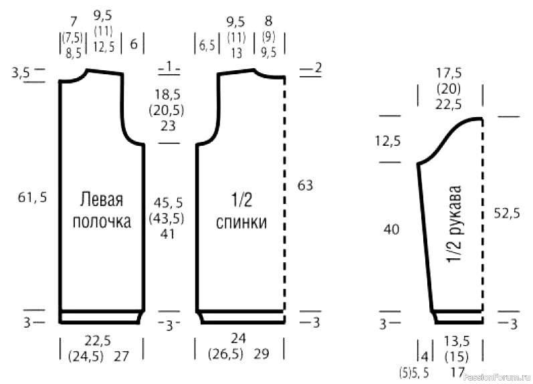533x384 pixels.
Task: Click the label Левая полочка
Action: click(102, 211)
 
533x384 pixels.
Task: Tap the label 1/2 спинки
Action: click(241, 211)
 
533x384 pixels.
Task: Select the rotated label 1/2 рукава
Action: click(455, 225)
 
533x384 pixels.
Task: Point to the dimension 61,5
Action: click(32, 197)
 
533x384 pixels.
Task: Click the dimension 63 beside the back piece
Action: click(305, 186)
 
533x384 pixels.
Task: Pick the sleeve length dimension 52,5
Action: click(507, 213)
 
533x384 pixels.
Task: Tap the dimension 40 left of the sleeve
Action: click(391, 229)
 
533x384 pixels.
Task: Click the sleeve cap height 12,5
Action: click(388, 140)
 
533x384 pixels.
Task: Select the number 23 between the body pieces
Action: click(168, 126)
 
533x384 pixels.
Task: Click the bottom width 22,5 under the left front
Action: click(98, 341)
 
